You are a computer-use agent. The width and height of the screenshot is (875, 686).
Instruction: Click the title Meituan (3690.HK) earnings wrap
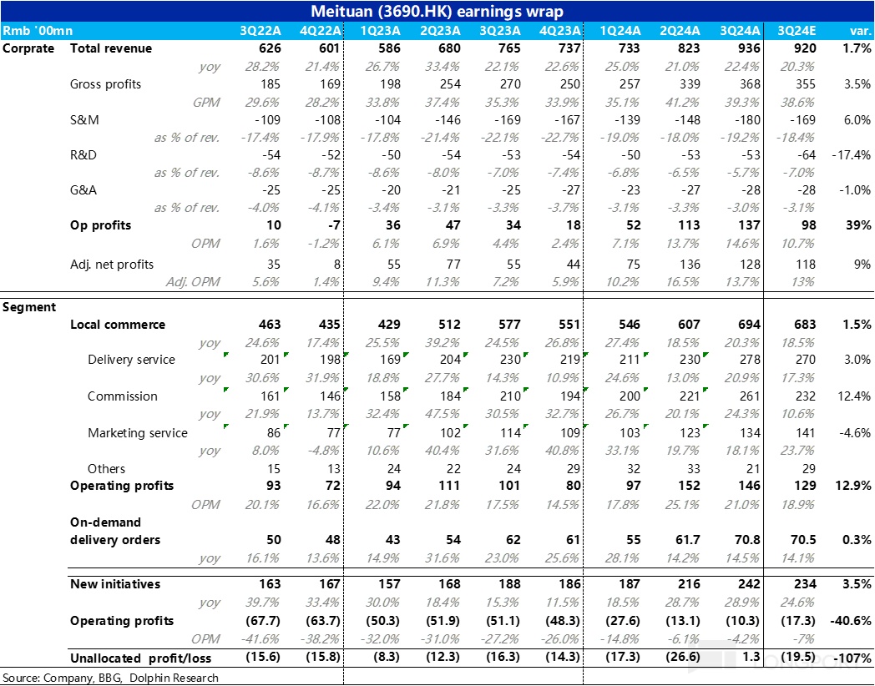(x=437, y=11)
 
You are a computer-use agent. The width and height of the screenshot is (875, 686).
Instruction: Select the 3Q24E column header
(x=797, y=31)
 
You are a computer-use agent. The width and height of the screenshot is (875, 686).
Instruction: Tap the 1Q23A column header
(x=380, y=31)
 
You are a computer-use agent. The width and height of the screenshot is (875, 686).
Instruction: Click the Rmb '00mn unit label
(x=38, y=31)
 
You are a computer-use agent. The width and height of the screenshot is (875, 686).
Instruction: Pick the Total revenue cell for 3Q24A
(x=748, y=48)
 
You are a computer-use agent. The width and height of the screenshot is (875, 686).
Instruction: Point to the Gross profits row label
(x=105, y=84)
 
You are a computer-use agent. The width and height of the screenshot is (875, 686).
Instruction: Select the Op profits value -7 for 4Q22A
(x=332, y=225)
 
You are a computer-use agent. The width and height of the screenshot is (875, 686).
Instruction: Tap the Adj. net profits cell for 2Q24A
(x=689, y=265)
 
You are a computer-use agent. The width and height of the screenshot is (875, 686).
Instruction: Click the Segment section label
(x=29, y=307)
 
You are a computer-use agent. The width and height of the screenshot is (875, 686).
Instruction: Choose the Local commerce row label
(x=118, y=325)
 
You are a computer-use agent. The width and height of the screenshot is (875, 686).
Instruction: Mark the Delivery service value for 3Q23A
(x=510, y=360)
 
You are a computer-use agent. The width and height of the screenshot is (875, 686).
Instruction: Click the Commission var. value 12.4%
(x=854, y=396)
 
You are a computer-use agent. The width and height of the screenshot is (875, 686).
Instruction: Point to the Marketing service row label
(x=137, y=433)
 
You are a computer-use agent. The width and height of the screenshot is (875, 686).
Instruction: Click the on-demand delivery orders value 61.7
(x=689, y=540)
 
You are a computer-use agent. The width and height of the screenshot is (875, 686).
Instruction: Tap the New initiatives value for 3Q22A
(x=270, y=584)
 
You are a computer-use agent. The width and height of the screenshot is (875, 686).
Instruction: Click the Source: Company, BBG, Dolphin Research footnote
(x=110, y=678)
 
